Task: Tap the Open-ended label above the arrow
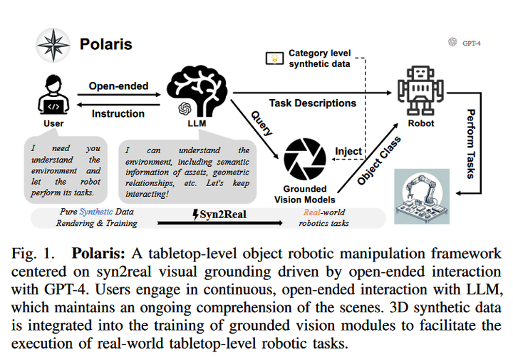click(118, 86)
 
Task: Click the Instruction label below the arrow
click(118, 113)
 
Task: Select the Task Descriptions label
click(312, 103)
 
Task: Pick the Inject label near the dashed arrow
click(348, 151)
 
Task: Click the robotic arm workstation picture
click(422, 197)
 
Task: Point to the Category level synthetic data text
click(319, 58)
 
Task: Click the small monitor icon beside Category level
click(274, 57)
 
